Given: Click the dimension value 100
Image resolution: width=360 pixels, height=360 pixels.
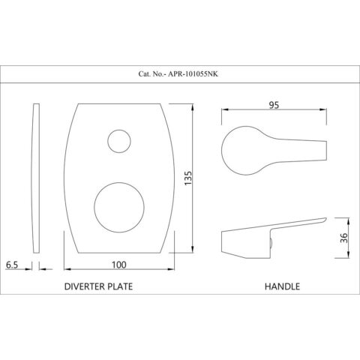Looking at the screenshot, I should [119, 264].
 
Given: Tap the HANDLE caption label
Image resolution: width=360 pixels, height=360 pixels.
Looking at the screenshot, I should [283, 286].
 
